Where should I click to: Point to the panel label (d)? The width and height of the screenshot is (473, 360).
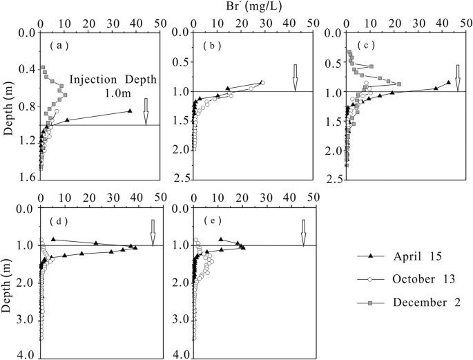[x=57, y=221]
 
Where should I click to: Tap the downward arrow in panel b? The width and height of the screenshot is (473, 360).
[x=295, y=77]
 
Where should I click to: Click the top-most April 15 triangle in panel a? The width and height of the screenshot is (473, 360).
[x=129, y=111]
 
